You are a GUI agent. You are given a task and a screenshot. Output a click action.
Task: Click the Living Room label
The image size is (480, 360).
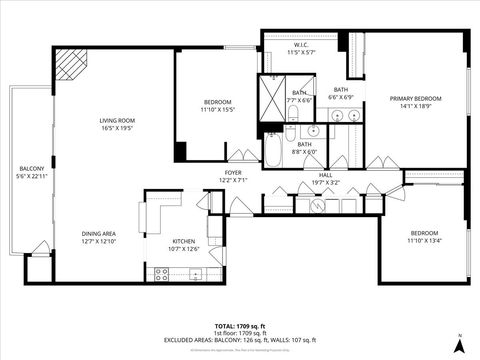click(118, 120)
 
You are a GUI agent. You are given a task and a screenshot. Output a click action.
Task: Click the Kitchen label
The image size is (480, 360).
click(184, 241)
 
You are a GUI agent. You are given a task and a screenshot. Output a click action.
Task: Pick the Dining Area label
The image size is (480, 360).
click(100, 235)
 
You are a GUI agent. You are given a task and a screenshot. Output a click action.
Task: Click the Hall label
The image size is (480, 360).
click(325, 175)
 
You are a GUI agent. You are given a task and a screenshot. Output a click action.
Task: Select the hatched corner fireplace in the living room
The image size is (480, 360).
click(70, 66)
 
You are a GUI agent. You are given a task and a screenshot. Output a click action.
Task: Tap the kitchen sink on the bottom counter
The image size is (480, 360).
click(196, 273)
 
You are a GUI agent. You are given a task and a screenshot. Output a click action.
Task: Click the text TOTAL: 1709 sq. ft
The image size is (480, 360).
click(239, 326)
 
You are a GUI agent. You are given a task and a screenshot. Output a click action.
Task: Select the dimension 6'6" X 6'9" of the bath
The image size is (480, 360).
click(340, 97)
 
